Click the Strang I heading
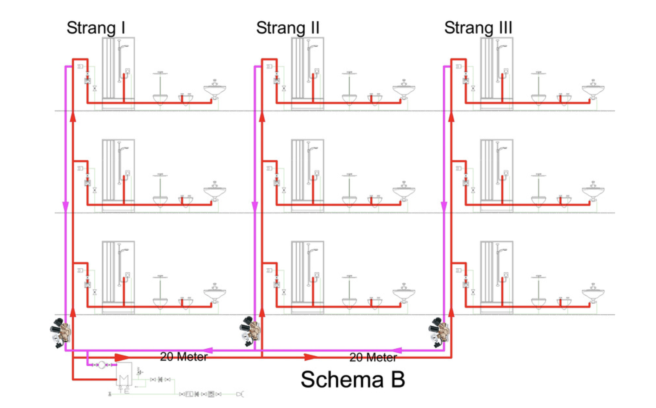pyautogui.click(x=96, y=28)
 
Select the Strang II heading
pyautogui.click(x=288, y=28)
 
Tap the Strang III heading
pyautogui.click(x=478, y=28)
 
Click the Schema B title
pyautogui.click(x=353, y=379)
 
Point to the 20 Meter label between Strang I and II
pyautogui.click(x=184, y=357)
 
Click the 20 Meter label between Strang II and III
pyautogui.click(x=373, y=357)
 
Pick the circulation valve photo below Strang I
pyautogui.click(x=60, y=333)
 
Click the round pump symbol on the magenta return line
pyautogui.click(x=102, y=365)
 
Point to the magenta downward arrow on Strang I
pyautogui.click(x=65, y=206)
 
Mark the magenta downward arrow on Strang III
pyautogui.click(x=444, y=206)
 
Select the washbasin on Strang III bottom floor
pyautogui.click(x=593, y=293)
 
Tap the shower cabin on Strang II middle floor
pyautogui.click(x=307, y=175)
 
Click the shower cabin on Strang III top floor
pyautogui.click(x=497, y=74)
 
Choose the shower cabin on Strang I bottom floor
pyautogui.click(x=118, y=278)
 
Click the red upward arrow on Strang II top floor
pyautogui.click(x=262, y=117)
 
